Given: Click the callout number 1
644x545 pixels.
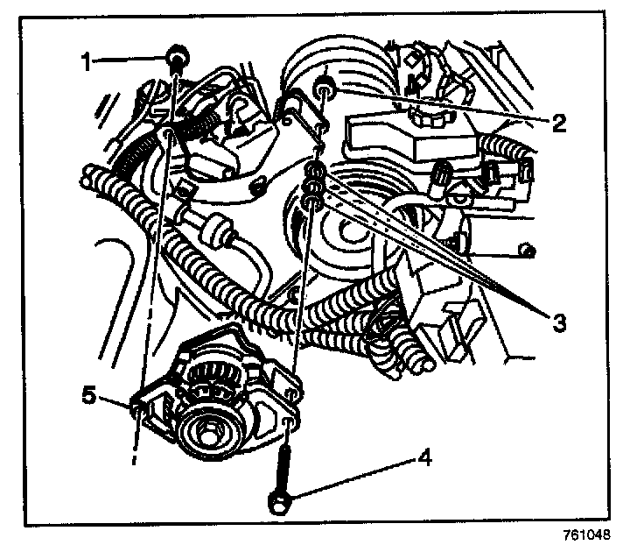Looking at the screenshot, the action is [x=86, y=62].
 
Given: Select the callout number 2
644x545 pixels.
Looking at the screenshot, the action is [x=559, y=123].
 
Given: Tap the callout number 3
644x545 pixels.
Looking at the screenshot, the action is [x=558, y=323].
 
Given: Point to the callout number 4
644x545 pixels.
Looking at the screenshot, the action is [x=424, y=457].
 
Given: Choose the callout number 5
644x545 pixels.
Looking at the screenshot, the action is [x=88, y=396].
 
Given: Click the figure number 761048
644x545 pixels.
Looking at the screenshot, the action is [x=586, y=534].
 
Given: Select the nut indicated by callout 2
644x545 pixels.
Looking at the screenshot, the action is [x=325, y=90].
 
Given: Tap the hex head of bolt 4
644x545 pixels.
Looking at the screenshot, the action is [x=279, y=502].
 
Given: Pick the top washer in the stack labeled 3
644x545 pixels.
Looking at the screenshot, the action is [x=314, y=168].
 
